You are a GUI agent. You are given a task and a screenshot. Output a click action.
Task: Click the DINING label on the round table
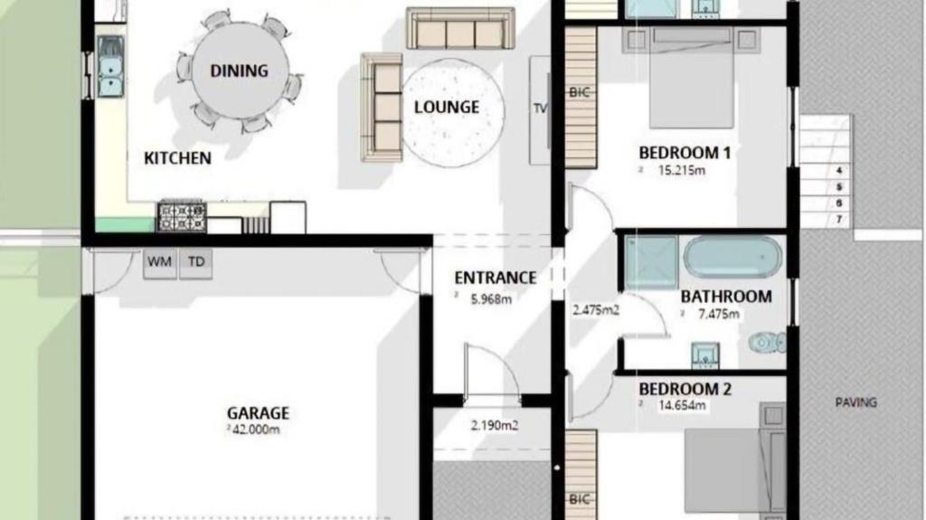pos(239,71)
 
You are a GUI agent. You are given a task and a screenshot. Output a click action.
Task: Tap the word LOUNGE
pos(447,107)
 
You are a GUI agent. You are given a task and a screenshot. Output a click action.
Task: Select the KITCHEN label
pos(178,157)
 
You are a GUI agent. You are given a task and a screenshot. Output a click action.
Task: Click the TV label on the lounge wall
pos(540,109)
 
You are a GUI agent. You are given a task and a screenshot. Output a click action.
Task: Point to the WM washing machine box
pos(159,261)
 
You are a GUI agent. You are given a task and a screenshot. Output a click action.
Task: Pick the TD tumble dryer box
pos(196,261)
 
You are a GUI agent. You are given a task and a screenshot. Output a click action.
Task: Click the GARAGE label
pos(258,412)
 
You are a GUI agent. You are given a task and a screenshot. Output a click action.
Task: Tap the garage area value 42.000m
pos(254,430)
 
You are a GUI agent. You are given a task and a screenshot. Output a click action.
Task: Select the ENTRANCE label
pos(495,278)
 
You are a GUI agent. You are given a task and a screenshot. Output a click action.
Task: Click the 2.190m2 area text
pos(495,425)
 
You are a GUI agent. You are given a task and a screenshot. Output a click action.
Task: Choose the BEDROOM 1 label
pos(685,153)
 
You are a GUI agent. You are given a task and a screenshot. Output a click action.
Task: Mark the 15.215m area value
pos(682,170)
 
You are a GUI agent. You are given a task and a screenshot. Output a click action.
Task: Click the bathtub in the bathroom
pos(732,257)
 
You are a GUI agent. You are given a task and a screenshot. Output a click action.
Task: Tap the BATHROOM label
pos(726,296)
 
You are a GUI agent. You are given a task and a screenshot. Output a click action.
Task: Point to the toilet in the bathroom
pos(767,342)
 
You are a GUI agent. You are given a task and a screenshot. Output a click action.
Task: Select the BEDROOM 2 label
pos(685,389)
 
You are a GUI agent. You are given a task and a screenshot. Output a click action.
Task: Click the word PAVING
pos(855,402)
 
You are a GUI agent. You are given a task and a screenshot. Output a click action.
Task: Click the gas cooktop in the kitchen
pos(182,216)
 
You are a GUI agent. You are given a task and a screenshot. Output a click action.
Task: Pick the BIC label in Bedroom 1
pos(579,92)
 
